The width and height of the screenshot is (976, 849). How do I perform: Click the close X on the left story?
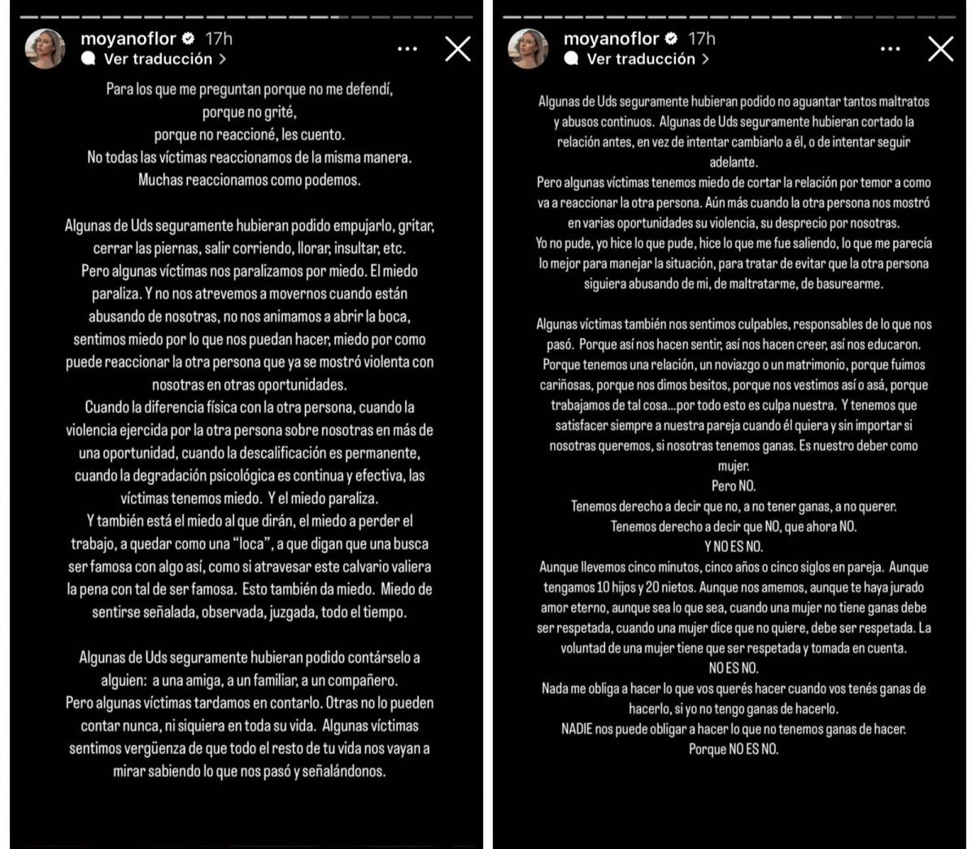point(458,49)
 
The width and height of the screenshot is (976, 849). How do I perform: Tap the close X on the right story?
point(940,49)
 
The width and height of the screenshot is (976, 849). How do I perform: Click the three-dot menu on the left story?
point(407,49)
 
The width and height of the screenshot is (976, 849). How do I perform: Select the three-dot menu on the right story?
point(890,49)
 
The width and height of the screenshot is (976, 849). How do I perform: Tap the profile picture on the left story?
point(46,48)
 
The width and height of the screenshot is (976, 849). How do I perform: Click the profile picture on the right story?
point(528,48)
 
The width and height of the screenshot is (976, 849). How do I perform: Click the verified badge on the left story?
point(188,38)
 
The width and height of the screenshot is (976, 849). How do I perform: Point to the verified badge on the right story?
point(671,38)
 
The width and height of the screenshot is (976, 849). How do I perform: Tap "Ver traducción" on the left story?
point(157,59)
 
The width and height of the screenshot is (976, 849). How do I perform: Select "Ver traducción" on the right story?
point(639,59)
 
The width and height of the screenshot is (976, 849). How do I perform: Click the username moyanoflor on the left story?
point(129,38)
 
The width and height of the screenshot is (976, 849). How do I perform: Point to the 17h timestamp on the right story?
point(701,38)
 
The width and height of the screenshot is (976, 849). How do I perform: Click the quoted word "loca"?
point(251,544)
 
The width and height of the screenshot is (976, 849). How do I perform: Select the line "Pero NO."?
point(734,486)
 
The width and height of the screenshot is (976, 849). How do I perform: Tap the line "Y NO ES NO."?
point(734,546)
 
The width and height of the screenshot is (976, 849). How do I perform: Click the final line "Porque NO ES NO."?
point(734,749)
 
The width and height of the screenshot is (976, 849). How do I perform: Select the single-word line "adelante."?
point(734,162)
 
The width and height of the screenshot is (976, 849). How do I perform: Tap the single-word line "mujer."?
point(734,466)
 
